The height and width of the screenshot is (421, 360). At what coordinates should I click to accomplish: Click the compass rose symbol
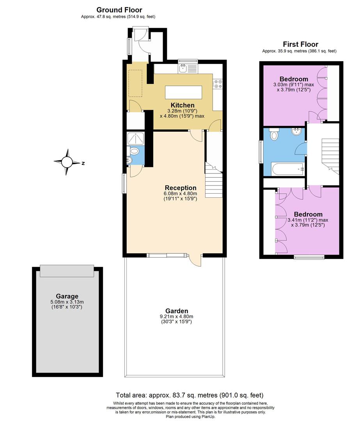[67, 163]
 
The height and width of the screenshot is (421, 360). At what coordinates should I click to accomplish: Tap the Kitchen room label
[183, 105]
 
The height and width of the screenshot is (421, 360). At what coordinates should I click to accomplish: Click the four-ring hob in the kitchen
[218, 84]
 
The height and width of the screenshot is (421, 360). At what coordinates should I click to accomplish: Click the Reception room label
[180, 188]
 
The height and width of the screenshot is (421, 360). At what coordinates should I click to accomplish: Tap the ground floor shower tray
[135, 138]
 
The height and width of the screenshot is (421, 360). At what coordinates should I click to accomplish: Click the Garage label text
[66, 296]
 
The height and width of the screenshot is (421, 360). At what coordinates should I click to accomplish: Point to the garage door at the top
[67, 270]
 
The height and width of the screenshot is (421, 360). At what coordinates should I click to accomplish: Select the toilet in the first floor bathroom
[274, 135]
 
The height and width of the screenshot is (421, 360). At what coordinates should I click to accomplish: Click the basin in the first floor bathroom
[297, 131]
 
